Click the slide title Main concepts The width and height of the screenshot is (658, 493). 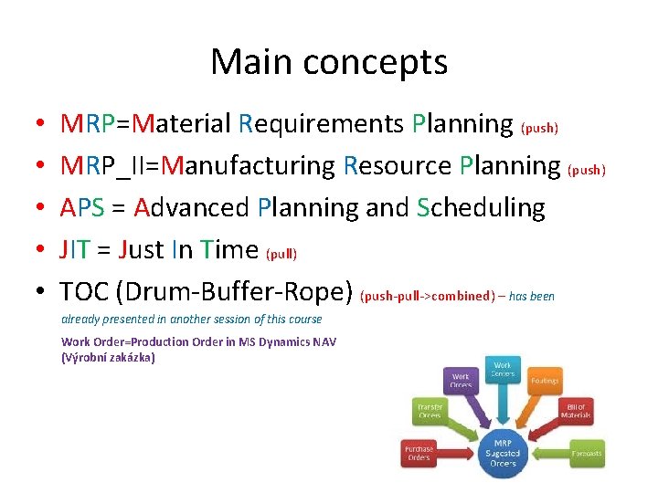pyautogui.click(x=329, y=62)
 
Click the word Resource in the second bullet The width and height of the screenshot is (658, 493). pyautogui.click(x=398, y=166)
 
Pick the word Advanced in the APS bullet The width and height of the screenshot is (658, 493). pyautogui.click(x=191, y=208)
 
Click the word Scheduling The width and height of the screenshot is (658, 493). pyautogui.click(x=481, y=208)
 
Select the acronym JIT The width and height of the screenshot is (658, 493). pyautogui.click(x=75, y=250)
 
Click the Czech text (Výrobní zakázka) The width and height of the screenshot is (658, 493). pyautogui.click(x=108, y=357)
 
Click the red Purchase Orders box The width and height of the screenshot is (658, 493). pyautogui.click(x=420, y=452)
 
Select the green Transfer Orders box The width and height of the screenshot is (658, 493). pyautogui.click(x=430, y=411)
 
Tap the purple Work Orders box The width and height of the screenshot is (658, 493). pyautogui.click(x=461, y=380)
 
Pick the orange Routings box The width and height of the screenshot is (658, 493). pyautogui.click(x=545, y=380)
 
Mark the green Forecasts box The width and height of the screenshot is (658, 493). pyautogui.click(x=586, y=452)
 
